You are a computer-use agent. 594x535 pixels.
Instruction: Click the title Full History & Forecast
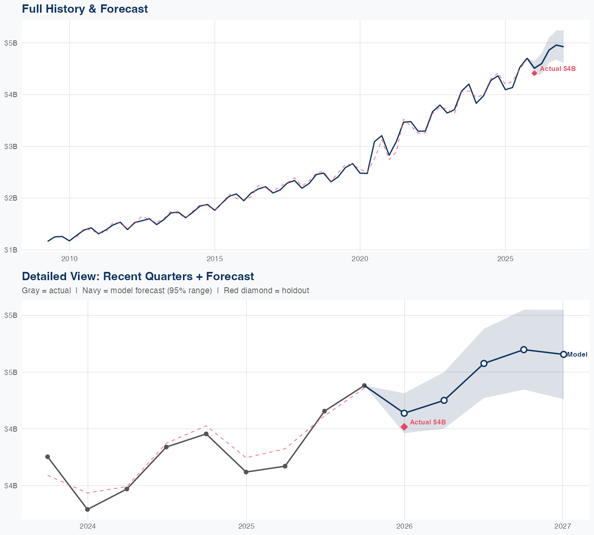point(85,9)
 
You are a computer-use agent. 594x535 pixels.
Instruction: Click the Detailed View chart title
point(138,276)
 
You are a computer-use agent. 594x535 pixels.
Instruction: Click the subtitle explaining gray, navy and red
point(165,290)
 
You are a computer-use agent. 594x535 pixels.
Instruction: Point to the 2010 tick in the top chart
point(69,259)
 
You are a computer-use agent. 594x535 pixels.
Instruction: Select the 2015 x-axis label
point(215,259)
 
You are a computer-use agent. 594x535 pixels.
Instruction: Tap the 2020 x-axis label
point(360,259)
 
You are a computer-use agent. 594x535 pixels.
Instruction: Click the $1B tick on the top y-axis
point(11,250)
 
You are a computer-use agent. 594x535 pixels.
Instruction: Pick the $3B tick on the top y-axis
point(11,147)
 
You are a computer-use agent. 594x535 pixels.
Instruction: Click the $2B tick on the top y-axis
point(11,198)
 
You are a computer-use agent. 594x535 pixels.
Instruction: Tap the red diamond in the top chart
point(534,73)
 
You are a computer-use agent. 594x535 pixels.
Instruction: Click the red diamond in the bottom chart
point(404,427)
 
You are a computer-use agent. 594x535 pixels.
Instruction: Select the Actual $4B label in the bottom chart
point(428,422)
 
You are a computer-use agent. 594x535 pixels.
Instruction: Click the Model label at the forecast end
point(577,355)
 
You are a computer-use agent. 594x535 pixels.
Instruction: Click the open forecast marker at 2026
point(404,413)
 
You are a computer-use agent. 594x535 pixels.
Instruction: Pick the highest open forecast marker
point(524,350)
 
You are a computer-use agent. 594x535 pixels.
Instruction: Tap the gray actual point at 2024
point(88,509)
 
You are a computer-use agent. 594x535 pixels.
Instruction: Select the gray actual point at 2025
point(246,472)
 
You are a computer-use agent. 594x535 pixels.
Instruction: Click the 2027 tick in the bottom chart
point(563,526)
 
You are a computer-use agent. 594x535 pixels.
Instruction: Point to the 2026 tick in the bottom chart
point(404,526)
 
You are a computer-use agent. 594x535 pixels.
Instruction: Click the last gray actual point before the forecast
point(364,386)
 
